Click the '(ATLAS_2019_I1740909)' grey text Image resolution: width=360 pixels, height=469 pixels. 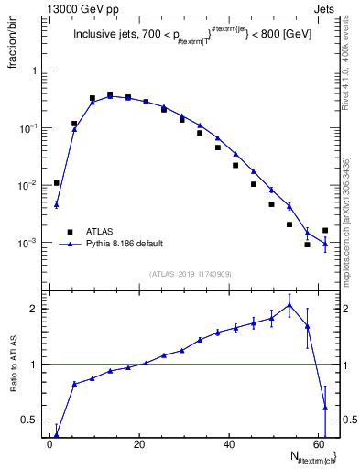[191, 274]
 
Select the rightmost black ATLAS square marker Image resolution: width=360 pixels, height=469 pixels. [325, 231]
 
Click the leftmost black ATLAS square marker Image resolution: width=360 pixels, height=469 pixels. [57, 183]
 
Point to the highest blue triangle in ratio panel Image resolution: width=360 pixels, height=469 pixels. [289, 305]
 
